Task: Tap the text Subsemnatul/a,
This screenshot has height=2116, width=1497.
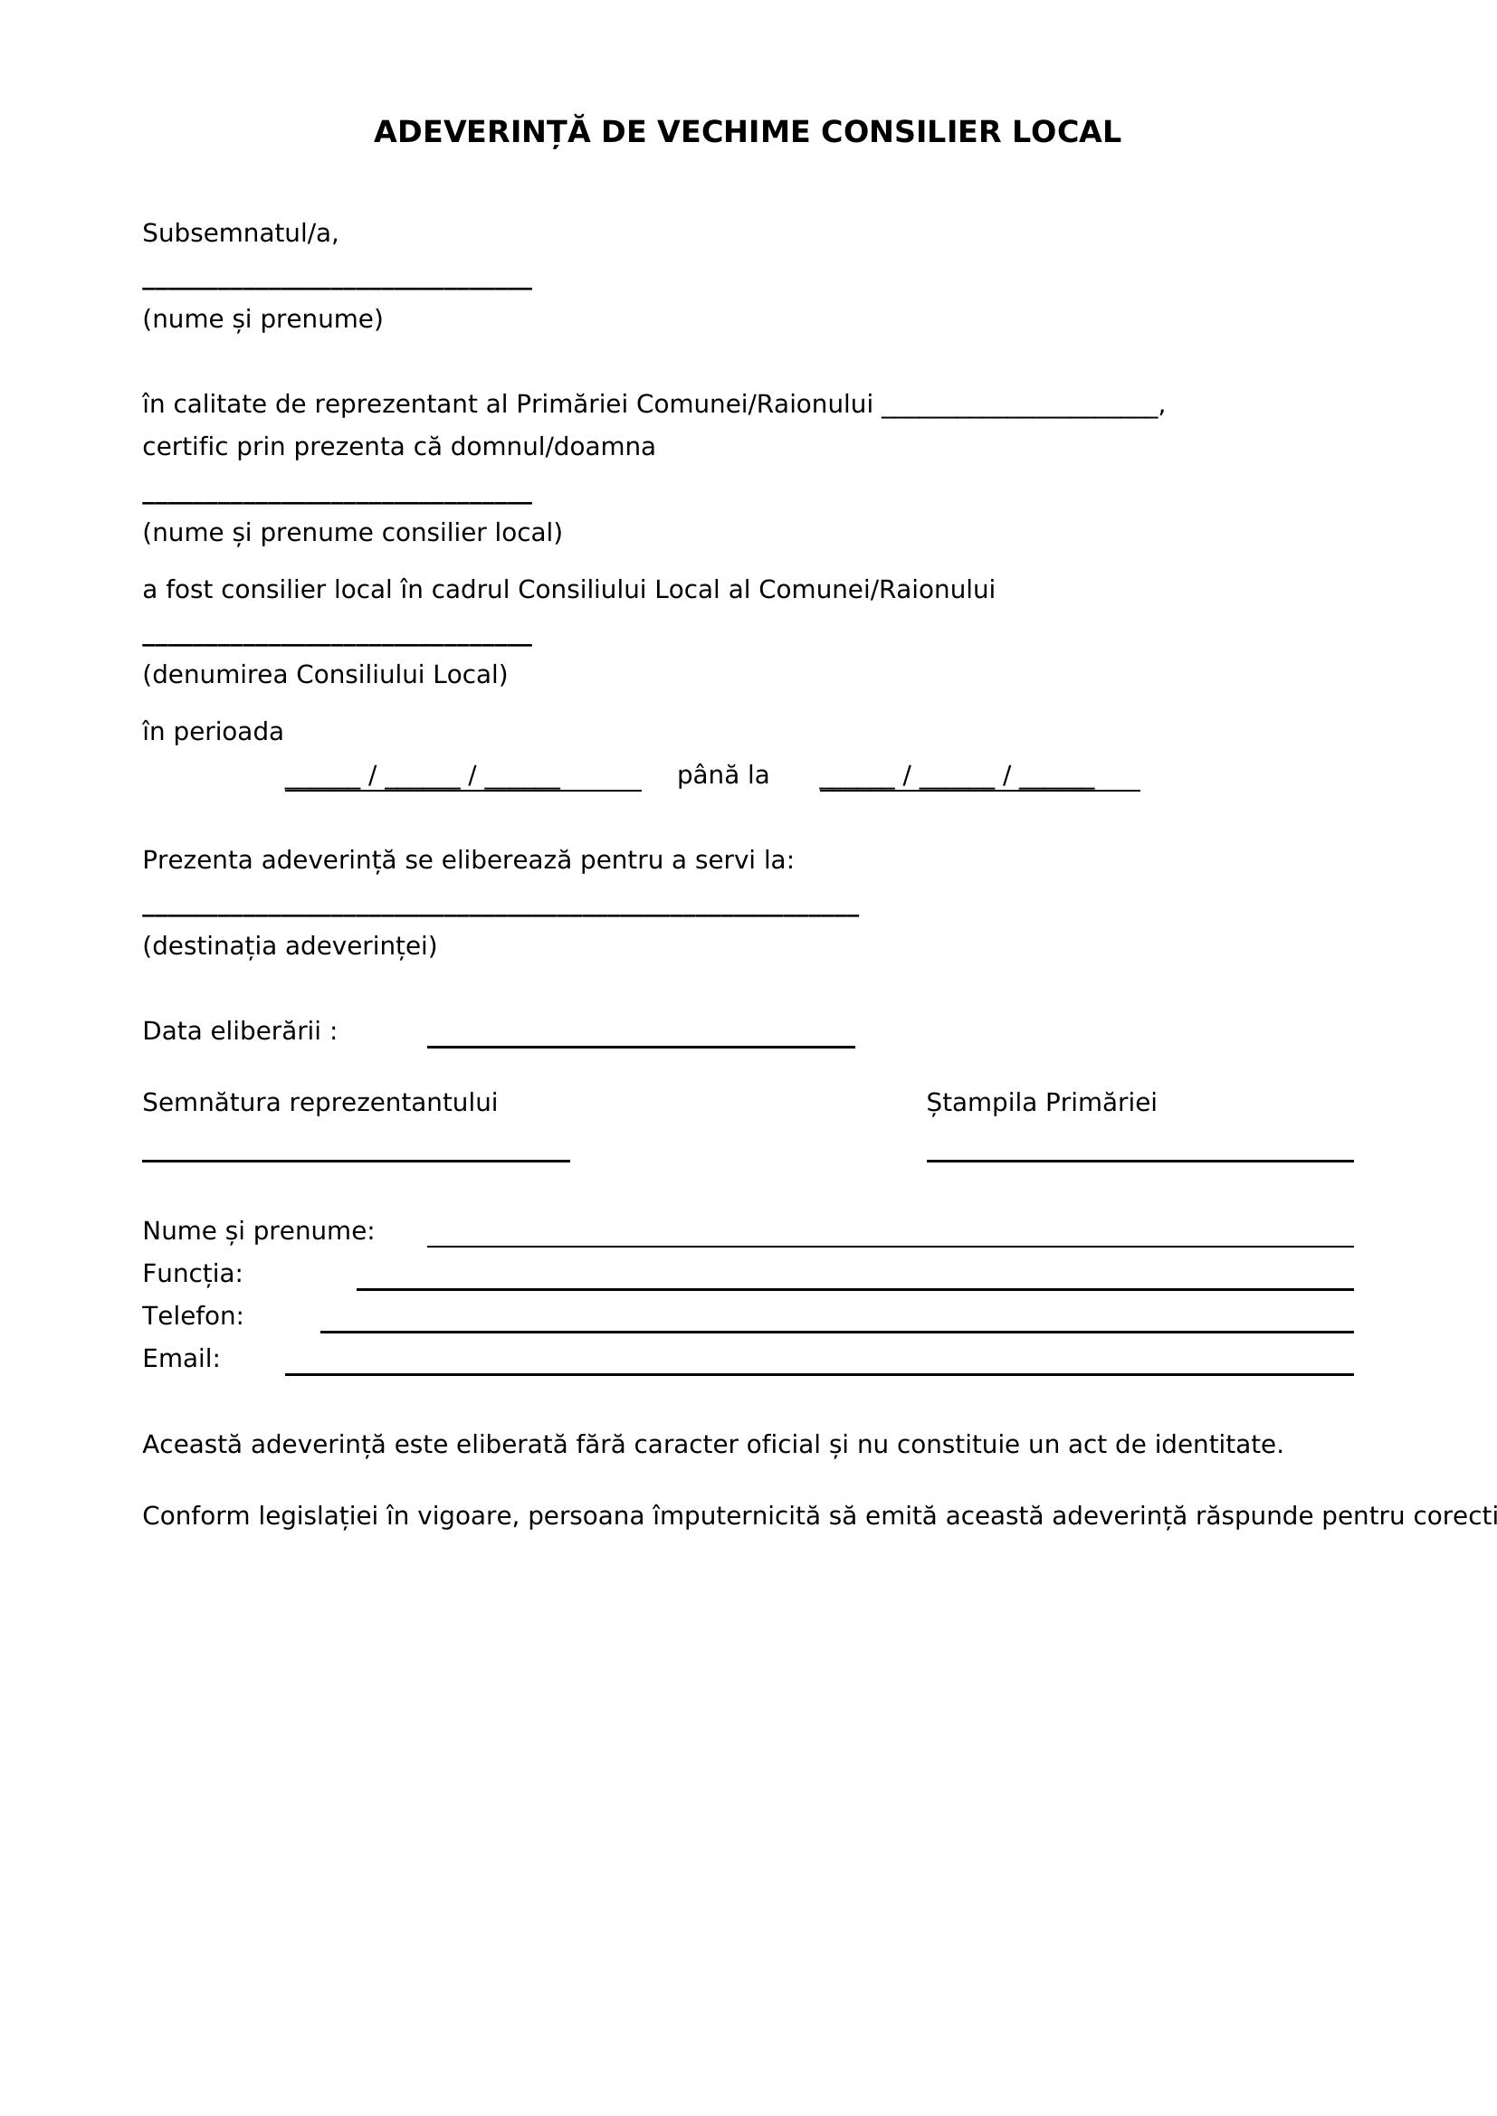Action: click(x=241, y=233)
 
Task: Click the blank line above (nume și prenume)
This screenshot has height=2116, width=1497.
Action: click(x=337, y=288)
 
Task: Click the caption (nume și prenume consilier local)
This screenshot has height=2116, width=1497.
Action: click(x=352, y=533)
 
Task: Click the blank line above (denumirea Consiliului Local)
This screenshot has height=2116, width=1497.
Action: click(x=337, y=644)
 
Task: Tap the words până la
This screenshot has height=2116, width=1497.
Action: click(x=722, y=775)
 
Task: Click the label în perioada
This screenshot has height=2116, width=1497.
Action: click(x=213, y=732)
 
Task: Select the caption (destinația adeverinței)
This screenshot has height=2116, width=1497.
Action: click(x=290, y=945)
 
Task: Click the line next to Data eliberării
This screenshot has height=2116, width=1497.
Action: click(x=641, y=1046)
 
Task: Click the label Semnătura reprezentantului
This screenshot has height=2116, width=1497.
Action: click(x=319, y=1102)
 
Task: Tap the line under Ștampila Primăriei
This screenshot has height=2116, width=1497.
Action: click(x=1139, y=1161)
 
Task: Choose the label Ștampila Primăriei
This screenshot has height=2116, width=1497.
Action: click(x=1041, y=1102)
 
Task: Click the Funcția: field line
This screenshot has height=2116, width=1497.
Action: click(x=854, y=1288)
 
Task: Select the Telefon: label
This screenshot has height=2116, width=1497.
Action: click(x=193, y=1316)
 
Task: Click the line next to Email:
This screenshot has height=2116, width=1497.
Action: click(x=818, y=1373)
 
